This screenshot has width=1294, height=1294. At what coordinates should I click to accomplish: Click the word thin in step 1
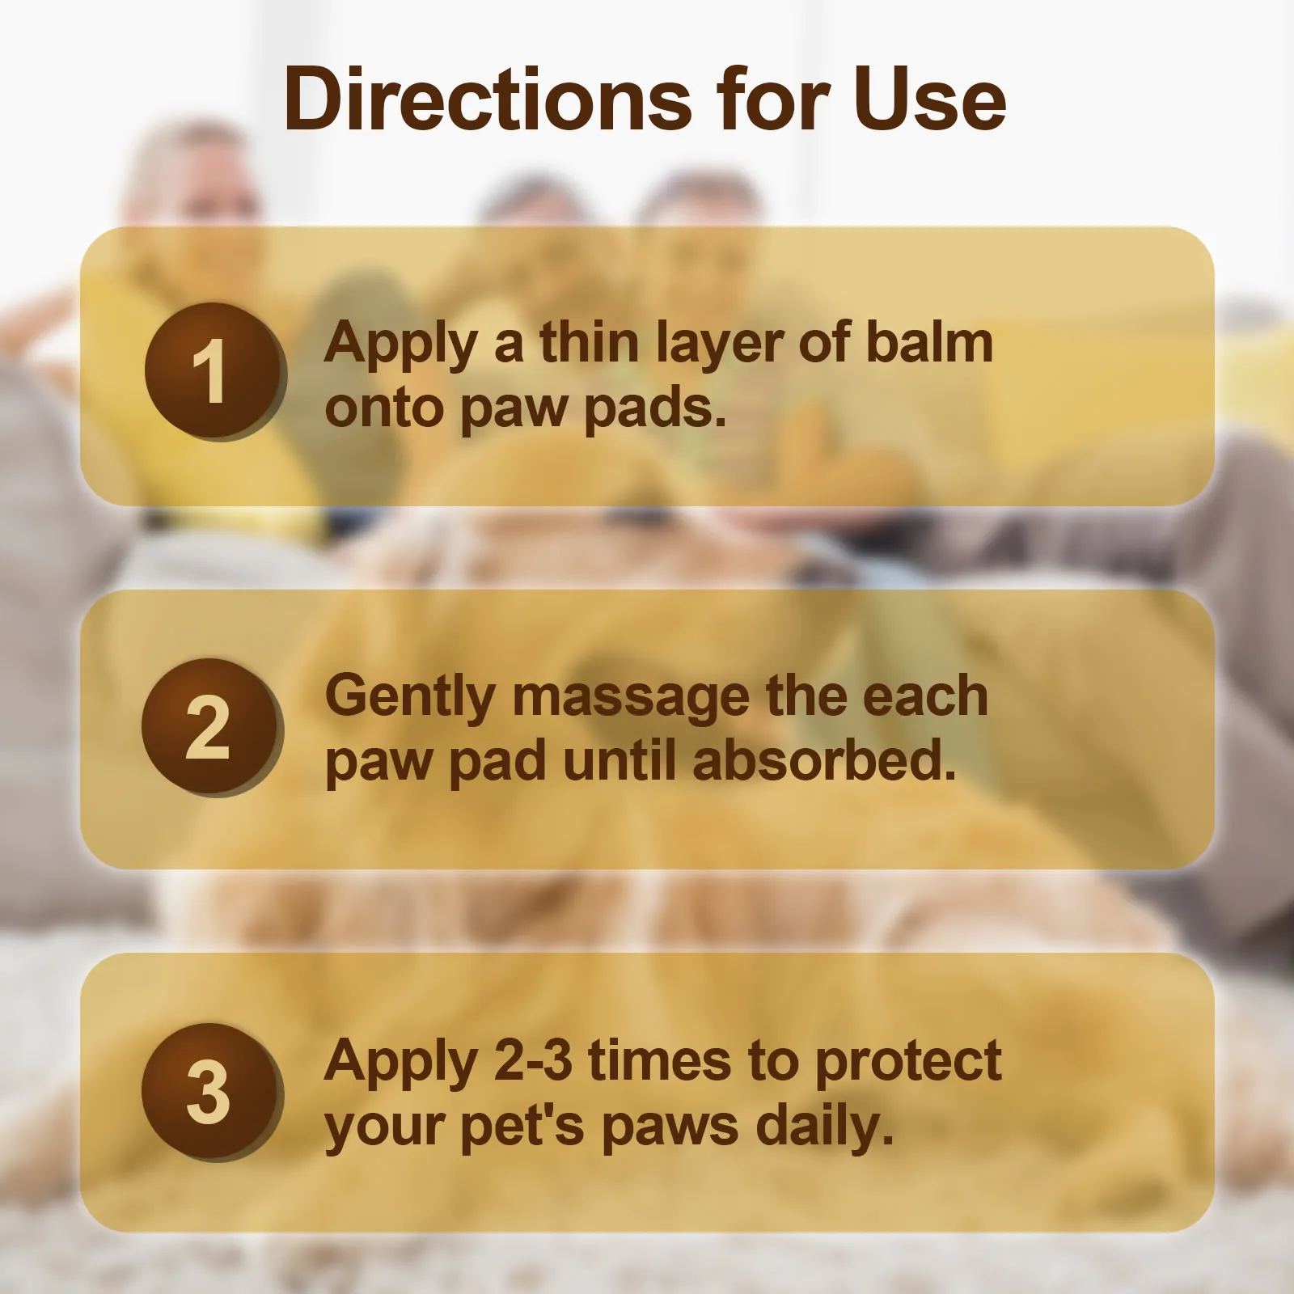590,343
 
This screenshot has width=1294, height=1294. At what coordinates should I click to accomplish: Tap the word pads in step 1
654,409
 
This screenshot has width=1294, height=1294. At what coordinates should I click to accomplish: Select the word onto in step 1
384,409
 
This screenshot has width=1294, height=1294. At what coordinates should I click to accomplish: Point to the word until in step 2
619,762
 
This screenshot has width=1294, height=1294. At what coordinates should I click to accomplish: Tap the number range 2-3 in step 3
532,1061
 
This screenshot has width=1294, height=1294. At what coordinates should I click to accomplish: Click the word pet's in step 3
522,1127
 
